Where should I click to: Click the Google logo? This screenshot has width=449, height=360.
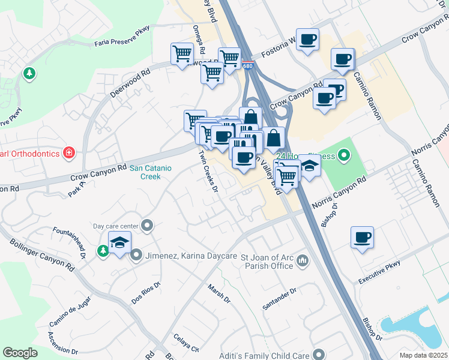pyautogui.click(x=20, y=353)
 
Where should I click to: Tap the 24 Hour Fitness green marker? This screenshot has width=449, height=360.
pyautogui.click(x=344, y=157)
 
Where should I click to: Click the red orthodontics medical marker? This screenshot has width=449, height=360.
pyautogui.click(x=69, y=154)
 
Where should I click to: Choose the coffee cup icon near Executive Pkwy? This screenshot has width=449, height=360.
pyautogui.click(x=362, y=238)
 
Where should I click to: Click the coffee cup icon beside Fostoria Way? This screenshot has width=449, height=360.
pyautogui.click(x=307, y=40)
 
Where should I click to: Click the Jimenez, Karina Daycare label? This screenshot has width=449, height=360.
pyautogui.click(x=190, y=256)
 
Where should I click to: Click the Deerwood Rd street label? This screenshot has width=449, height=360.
pyautogui.click(x=130, y=85)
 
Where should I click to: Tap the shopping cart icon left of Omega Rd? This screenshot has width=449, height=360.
pyautogui.click(x=182, y=54)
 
